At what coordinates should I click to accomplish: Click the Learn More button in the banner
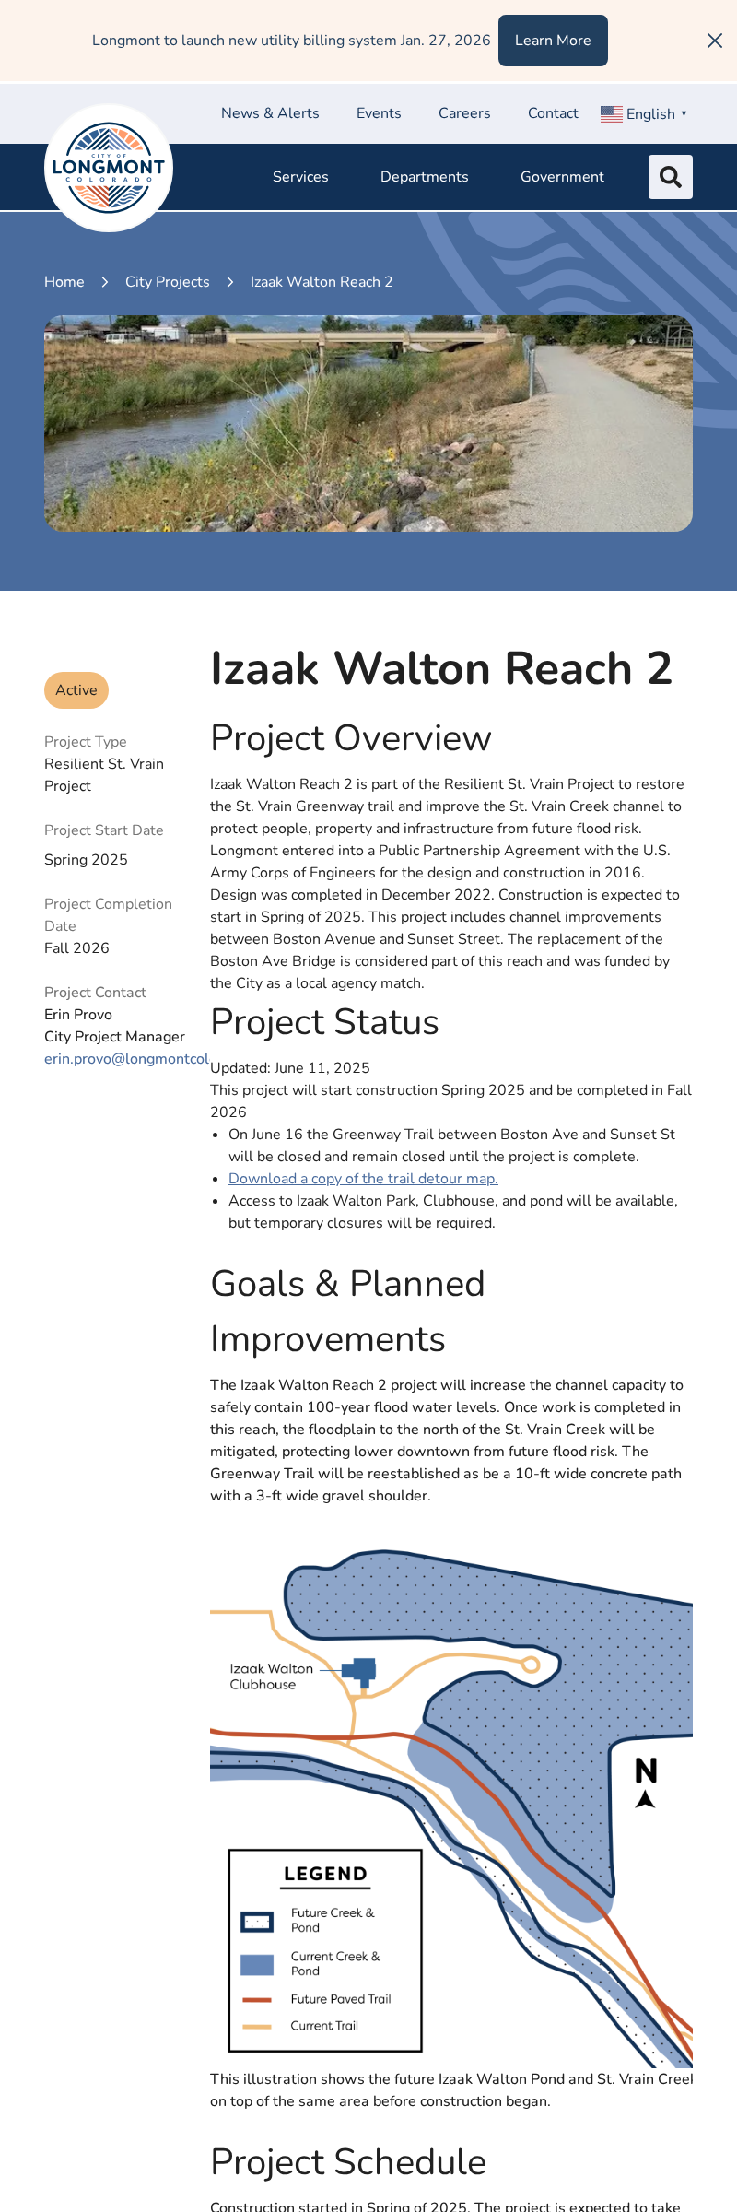[x=553, y=41]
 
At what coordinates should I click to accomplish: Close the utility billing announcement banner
[x=714, y=41]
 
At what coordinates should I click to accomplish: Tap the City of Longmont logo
[x=109, y=168]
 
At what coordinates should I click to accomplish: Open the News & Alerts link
[x=270, y=113]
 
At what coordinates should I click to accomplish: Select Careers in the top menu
[x=464, y=113]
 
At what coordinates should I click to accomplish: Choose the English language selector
[x=644, y=113]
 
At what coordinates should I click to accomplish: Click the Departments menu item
[x=424, y=177]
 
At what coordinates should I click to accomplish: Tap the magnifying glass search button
[x=671, y=177]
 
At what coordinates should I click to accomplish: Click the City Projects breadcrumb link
[x=167, y=282]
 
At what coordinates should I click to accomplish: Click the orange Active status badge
[x=76, y=690]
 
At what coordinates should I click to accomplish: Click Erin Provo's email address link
[x=126, y=1059]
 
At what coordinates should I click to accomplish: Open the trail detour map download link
[x=363, y=1179]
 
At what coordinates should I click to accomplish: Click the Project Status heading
[x=324, y=1022]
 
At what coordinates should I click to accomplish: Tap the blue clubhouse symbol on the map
[x=360, y=1671]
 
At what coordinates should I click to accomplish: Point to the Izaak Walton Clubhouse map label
[x=271, y=1677]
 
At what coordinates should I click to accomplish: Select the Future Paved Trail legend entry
[x=340, y=1999]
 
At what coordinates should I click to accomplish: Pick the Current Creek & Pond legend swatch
[x=257, y=1964]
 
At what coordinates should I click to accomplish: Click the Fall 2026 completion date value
[x=76, y=948]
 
